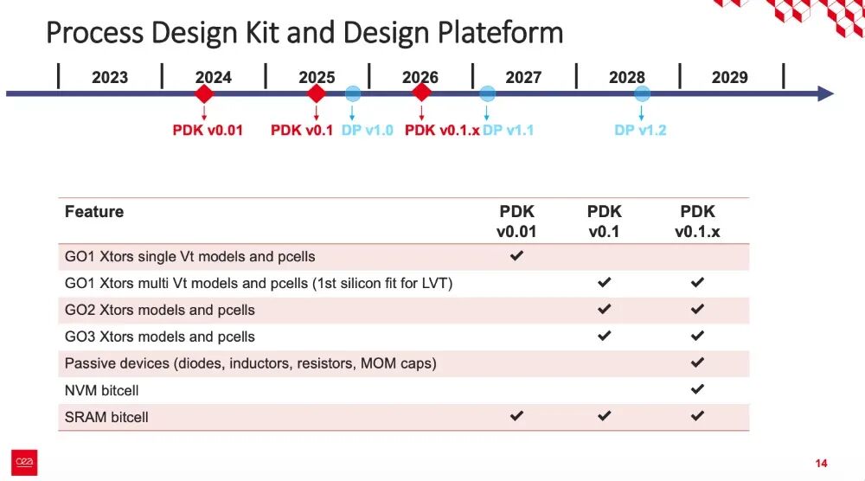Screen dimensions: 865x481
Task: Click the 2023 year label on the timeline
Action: (110, 77)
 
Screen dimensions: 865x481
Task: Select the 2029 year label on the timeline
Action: (730, 77)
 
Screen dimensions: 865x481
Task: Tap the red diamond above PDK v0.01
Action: (204, 93)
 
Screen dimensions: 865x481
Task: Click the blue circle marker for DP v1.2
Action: (642, 93)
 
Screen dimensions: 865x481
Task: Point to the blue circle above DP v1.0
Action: (353, 93)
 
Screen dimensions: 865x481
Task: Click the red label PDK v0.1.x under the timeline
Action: (442, 130)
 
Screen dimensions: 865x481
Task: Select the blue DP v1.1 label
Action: (508, 130)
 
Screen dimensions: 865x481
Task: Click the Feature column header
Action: (94, 212)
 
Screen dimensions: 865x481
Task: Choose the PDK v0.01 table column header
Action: (516, 221)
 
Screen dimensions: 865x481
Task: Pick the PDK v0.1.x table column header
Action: (697, 221)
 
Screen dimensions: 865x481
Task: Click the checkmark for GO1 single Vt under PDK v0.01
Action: (516, 255)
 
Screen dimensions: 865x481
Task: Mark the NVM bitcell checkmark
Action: (697, 389)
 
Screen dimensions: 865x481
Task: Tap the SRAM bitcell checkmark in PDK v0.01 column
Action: (516, 416)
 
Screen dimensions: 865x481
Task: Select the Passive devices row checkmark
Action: (697, 362)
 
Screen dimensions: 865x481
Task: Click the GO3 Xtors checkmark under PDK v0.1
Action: (604, 336)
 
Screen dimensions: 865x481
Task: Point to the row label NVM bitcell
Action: (101, 390)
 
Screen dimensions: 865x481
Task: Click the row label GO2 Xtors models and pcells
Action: (159, 310)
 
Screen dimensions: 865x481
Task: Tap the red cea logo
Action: (24, 462)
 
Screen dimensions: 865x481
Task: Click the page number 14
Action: (821, 464)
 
